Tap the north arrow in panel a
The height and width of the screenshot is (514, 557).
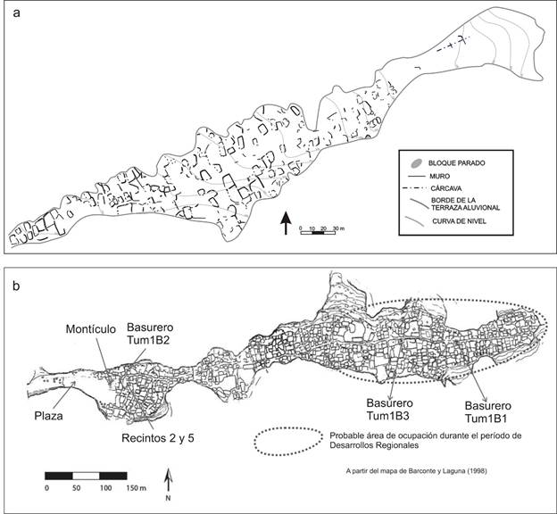coord(286,222)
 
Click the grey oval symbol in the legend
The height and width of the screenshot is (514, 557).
coord(416,164)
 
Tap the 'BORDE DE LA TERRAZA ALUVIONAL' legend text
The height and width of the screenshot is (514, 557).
coord(464,205)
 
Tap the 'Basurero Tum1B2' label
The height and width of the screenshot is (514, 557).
coord(150,334)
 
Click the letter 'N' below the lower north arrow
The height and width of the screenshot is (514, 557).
coord(168,500)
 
